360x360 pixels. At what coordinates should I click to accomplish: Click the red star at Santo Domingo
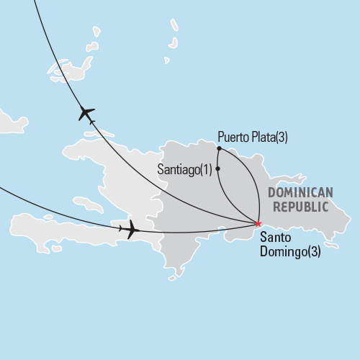[258, 223]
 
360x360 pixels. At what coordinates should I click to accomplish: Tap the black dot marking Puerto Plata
[218, 149]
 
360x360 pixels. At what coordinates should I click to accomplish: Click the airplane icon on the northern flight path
[86, 114]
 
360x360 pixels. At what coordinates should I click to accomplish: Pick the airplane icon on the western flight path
[130, 230]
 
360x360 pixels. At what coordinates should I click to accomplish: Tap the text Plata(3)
[269, 137]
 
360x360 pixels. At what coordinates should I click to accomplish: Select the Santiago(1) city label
[184, 169]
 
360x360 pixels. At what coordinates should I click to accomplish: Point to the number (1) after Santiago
[206, 169]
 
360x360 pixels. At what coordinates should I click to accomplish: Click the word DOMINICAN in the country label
[300, 192]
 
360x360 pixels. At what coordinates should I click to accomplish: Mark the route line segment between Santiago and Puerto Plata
[217, 159]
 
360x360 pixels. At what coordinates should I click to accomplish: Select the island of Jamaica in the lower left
[43, 229]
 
